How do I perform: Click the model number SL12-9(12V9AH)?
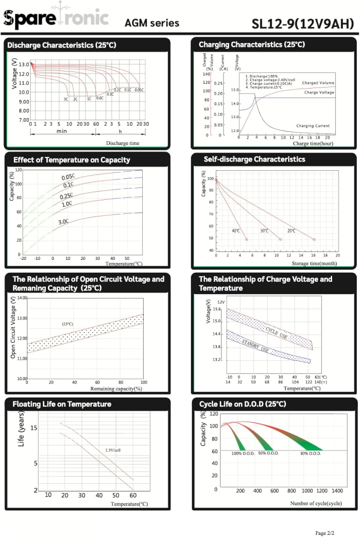(303, 24)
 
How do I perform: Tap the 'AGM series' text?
(152, 24)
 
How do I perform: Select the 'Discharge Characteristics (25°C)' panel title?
(62, 45)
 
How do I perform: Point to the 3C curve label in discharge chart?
(66, 99)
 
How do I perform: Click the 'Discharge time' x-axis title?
(122, 143)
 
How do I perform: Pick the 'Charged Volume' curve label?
(318, 83)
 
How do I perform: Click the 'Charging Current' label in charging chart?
(313, 126)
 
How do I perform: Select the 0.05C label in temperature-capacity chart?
(68, 177)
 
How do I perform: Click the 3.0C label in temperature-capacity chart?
(63, 221)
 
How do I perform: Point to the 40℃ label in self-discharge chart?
(236, 230)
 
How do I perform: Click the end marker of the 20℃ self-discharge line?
(314, 240)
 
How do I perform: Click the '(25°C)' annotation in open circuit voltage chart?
(68, 324)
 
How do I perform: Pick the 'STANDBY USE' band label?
(255, 346)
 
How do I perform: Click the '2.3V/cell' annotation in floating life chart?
(113, 449)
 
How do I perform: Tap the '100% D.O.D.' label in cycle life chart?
(244, 454)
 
